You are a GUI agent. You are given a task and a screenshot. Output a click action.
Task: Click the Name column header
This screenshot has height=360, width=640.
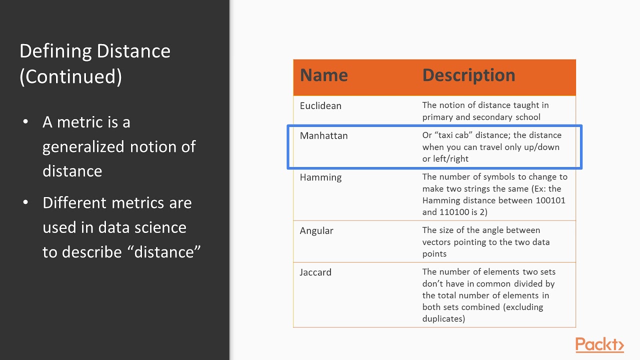pos(323,75)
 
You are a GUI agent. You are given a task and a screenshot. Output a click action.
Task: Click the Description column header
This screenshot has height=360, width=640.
pos(468,75)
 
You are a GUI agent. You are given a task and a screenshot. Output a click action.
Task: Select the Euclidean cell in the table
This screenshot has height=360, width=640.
pos(320,106)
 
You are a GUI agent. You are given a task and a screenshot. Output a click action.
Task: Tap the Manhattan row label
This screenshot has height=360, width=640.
pos(323,135)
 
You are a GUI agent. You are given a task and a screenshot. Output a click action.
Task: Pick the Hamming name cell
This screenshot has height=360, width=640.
pos(320,177)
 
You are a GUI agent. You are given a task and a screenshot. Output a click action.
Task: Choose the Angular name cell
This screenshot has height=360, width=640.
pos(316,231)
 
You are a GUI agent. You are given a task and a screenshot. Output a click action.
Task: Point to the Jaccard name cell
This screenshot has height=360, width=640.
pos(315,272)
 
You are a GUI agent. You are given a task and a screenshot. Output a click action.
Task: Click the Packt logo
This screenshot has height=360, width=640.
pos(599,345)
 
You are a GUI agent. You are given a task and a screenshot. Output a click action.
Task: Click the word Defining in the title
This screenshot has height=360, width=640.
pos(55,51)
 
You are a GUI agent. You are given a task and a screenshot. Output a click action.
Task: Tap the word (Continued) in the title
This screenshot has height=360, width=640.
pos(70,76)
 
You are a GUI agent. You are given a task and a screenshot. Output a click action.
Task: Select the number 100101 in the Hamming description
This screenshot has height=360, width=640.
pos(548,200)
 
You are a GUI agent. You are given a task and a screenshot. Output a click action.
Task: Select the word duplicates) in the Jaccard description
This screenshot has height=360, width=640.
pos(443,319)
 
